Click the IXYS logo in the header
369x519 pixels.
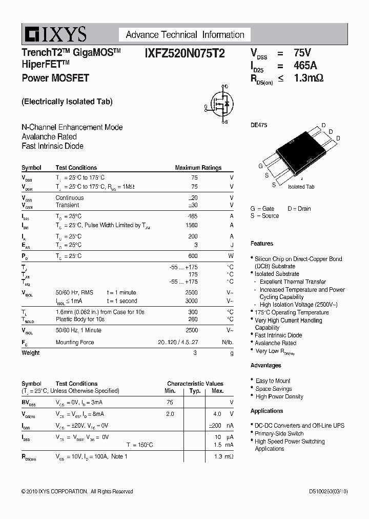[x=54, y=34]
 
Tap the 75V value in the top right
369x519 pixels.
[x=302, y=52]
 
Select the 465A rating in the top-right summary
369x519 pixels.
[x=305, y=66]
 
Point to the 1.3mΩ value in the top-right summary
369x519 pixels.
[x=309, y=78]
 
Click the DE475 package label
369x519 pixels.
[x=259, y=125]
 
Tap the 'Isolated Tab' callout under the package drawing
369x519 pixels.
[x=301, y=187]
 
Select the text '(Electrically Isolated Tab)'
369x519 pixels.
[x=67, y=102]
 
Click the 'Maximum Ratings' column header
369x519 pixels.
[x=198, y=168]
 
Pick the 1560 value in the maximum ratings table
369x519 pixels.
[x=191, y=225]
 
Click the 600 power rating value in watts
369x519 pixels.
[x=192, y=256]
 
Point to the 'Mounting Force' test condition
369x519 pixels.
[x=75, y=342]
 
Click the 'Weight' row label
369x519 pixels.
[x=30, y=353]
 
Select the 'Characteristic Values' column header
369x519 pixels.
[x=195, y=384]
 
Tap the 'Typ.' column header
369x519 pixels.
[x=195, y=391]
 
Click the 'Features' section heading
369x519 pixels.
[x=262, y=244]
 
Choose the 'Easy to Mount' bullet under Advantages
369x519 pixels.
[x=273, y=381]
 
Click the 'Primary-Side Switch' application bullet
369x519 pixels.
[x=279, y=433]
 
